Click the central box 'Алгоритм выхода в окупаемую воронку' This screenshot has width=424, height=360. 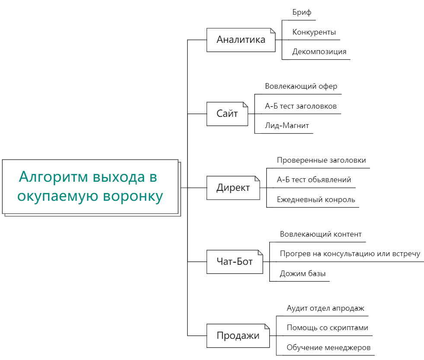pos(90,186)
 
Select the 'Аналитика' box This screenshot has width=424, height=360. pos(241,40)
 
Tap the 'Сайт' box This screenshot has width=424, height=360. pos(227,114)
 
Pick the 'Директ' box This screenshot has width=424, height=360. pos(233,188)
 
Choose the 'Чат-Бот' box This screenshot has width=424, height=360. pos(235,262)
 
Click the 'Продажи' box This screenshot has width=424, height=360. pos(238,336)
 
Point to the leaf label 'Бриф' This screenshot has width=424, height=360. pos(302,13)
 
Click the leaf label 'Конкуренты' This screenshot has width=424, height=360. pos(314,32)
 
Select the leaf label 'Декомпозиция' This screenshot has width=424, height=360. pos(319,51)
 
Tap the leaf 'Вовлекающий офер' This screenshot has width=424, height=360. pos(301,87)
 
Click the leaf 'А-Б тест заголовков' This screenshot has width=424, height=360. pos(301,106)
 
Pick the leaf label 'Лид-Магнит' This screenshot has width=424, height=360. pos(287,125)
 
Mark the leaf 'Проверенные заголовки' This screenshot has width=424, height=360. pos(321,160)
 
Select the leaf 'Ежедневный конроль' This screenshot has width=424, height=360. pos(316,200)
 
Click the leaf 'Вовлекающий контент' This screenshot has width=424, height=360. pos(321,234)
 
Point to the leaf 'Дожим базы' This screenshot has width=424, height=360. pos(303,273)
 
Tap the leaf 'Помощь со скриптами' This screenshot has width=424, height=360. pos(328,328)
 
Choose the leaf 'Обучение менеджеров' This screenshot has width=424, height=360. pos(328,347)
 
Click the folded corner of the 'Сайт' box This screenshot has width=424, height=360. pos(245,104)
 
